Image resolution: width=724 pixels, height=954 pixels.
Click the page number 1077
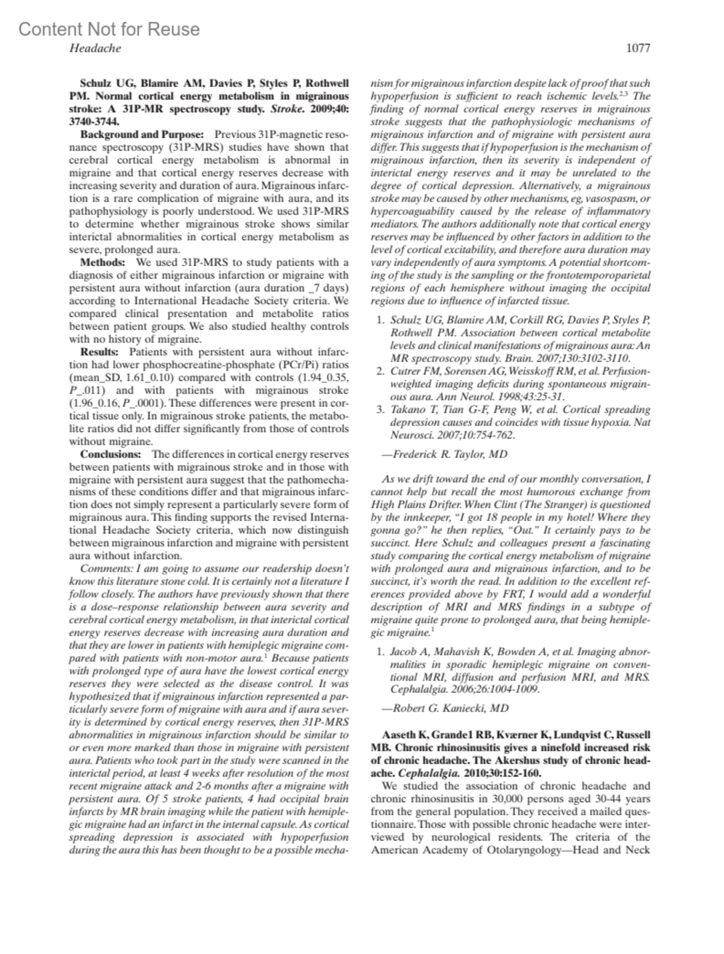tap(638, 49)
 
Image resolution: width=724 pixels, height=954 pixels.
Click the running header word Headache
tap(95, 49)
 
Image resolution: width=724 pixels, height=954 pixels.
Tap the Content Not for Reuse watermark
tap(109, 29)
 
